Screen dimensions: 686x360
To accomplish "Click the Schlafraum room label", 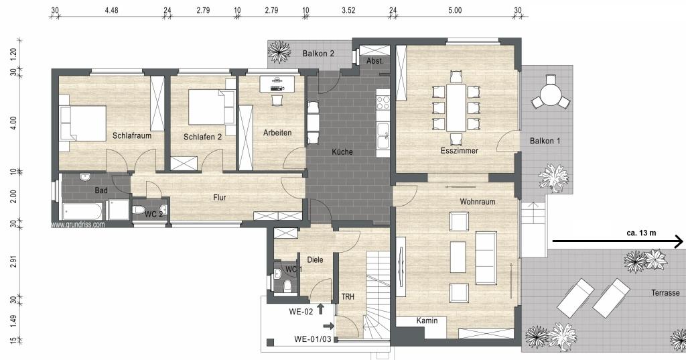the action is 132,136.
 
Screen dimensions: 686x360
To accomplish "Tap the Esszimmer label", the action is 460,151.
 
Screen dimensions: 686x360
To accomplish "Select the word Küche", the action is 342,152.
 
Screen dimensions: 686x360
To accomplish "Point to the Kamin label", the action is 427,320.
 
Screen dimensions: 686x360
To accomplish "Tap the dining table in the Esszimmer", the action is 456,107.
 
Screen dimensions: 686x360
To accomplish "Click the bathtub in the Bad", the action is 82,211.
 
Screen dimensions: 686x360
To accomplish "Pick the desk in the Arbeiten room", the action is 277,84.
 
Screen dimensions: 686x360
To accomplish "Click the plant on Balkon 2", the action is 279,52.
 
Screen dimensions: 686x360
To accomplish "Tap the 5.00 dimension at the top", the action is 455,10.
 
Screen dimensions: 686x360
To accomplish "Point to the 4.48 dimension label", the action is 112,10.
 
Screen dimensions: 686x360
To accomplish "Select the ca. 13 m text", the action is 641,233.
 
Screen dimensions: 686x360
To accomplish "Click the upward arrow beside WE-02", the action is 320,309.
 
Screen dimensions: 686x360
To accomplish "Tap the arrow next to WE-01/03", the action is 328,326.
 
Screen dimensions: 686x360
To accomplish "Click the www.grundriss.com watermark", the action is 78,225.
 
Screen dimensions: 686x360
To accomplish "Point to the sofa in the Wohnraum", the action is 486,257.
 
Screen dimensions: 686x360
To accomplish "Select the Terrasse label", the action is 665,292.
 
